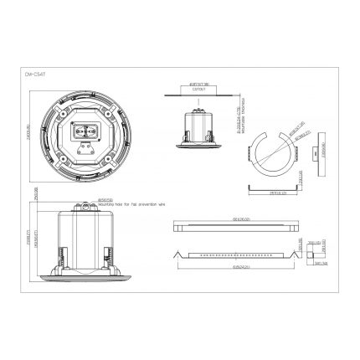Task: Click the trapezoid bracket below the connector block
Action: (87, 152)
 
